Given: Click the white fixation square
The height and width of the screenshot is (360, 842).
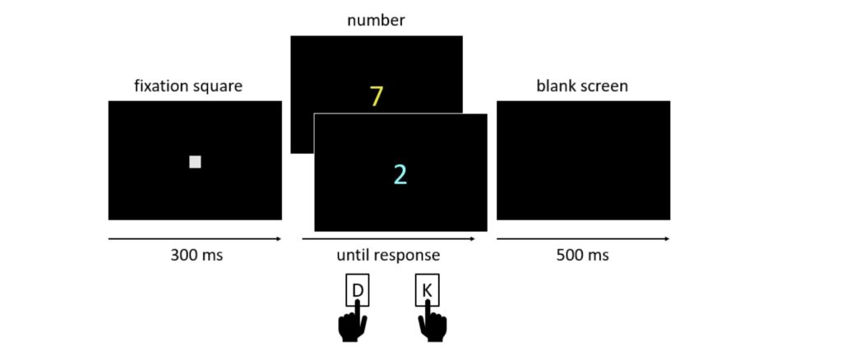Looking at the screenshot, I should [195, 162].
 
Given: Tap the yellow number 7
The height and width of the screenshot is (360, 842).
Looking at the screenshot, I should [376, 96].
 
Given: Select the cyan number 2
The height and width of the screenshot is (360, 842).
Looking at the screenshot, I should [400, 174].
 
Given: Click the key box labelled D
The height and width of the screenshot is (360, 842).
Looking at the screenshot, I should [358, 290].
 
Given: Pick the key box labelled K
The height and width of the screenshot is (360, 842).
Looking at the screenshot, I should [427, 290].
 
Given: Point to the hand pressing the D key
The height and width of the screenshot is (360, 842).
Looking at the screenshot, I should [354, 325].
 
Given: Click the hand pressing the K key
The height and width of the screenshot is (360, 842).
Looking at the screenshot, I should [433, 325].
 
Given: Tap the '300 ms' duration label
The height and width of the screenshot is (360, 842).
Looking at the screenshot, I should [196, 255].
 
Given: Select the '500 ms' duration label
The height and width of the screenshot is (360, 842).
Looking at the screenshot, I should [582, 255].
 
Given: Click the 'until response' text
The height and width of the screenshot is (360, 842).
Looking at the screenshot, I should [388, 255].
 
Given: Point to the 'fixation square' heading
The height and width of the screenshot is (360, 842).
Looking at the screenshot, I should [188, 85].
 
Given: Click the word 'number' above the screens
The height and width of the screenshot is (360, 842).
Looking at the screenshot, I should [376, 21].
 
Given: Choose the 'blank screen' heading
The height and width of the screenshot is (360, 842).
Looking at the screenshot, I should [582, 85].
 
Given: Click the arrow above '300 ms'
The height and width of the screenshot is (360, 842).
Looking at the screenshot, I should [195, 239].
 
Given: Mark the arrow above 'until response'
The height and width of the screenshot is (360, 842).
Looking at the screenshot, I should [388, 239].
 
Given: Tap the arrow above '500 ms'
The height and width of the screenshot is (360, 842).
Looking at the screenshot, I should [583, 239].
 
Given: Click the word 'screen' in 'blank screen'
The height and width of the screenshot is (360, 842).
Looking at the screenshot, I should [604, 85].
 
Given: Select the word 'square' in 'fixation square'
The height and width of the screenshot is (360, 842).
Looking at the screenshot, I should [218, 86].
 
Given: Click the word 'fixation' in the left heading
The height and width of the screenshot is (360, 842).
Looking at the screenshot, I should [161, 85].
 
